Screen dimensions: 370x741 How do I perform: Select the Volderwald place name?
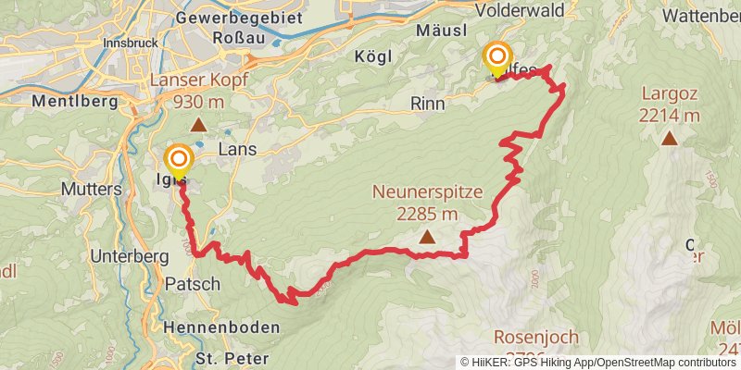[520, 9]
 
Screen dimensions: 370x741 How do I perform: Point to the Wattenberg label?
[702, 16]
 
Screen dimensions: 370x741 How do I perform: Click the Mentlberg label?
[65, 100]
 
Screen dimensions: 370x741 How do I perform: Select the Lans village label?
[236, 149]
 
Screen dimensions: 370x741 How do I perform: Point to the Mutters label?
[91, 189]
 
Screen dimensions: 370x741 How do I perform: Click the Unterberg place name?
[129, 255]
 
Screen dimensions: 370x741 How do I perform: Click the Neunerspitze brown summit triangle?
[427, 238]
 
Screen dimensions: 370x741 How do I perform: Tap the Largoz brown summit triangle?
[669, 140]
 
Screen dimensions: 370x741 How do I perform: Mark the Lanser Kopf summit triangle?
[197, 125]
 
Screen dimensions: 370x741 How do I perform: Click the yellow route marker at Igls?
[178, 160]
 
